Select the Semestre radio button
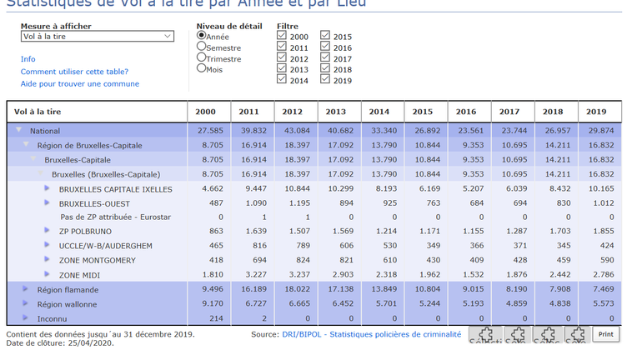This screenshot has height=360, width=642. (202, 48)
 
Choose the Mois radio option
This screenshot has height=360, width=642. (202, 69)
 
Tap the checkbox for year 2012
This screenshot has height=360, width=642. (282, 59)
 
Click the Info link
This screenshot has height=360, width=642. (28, 59)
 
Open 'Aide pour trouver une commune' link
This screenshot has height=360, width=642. (80, 83)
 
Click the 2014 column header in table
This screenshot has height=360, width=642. (379, 112)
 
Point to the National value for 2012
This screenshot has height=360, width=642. (292, 131)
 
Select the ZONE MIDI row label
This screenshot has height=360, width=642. (81, 275)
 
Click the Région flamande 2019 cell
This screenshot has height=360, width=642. (596, 290)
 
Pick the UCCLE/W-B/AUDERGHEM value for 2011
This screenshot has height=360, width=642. (248, 247)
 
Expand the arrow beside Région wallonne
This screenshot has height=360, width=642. (28, 304)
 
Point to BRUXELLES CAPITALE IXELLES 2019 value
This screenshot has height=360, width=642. (596, 189)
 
